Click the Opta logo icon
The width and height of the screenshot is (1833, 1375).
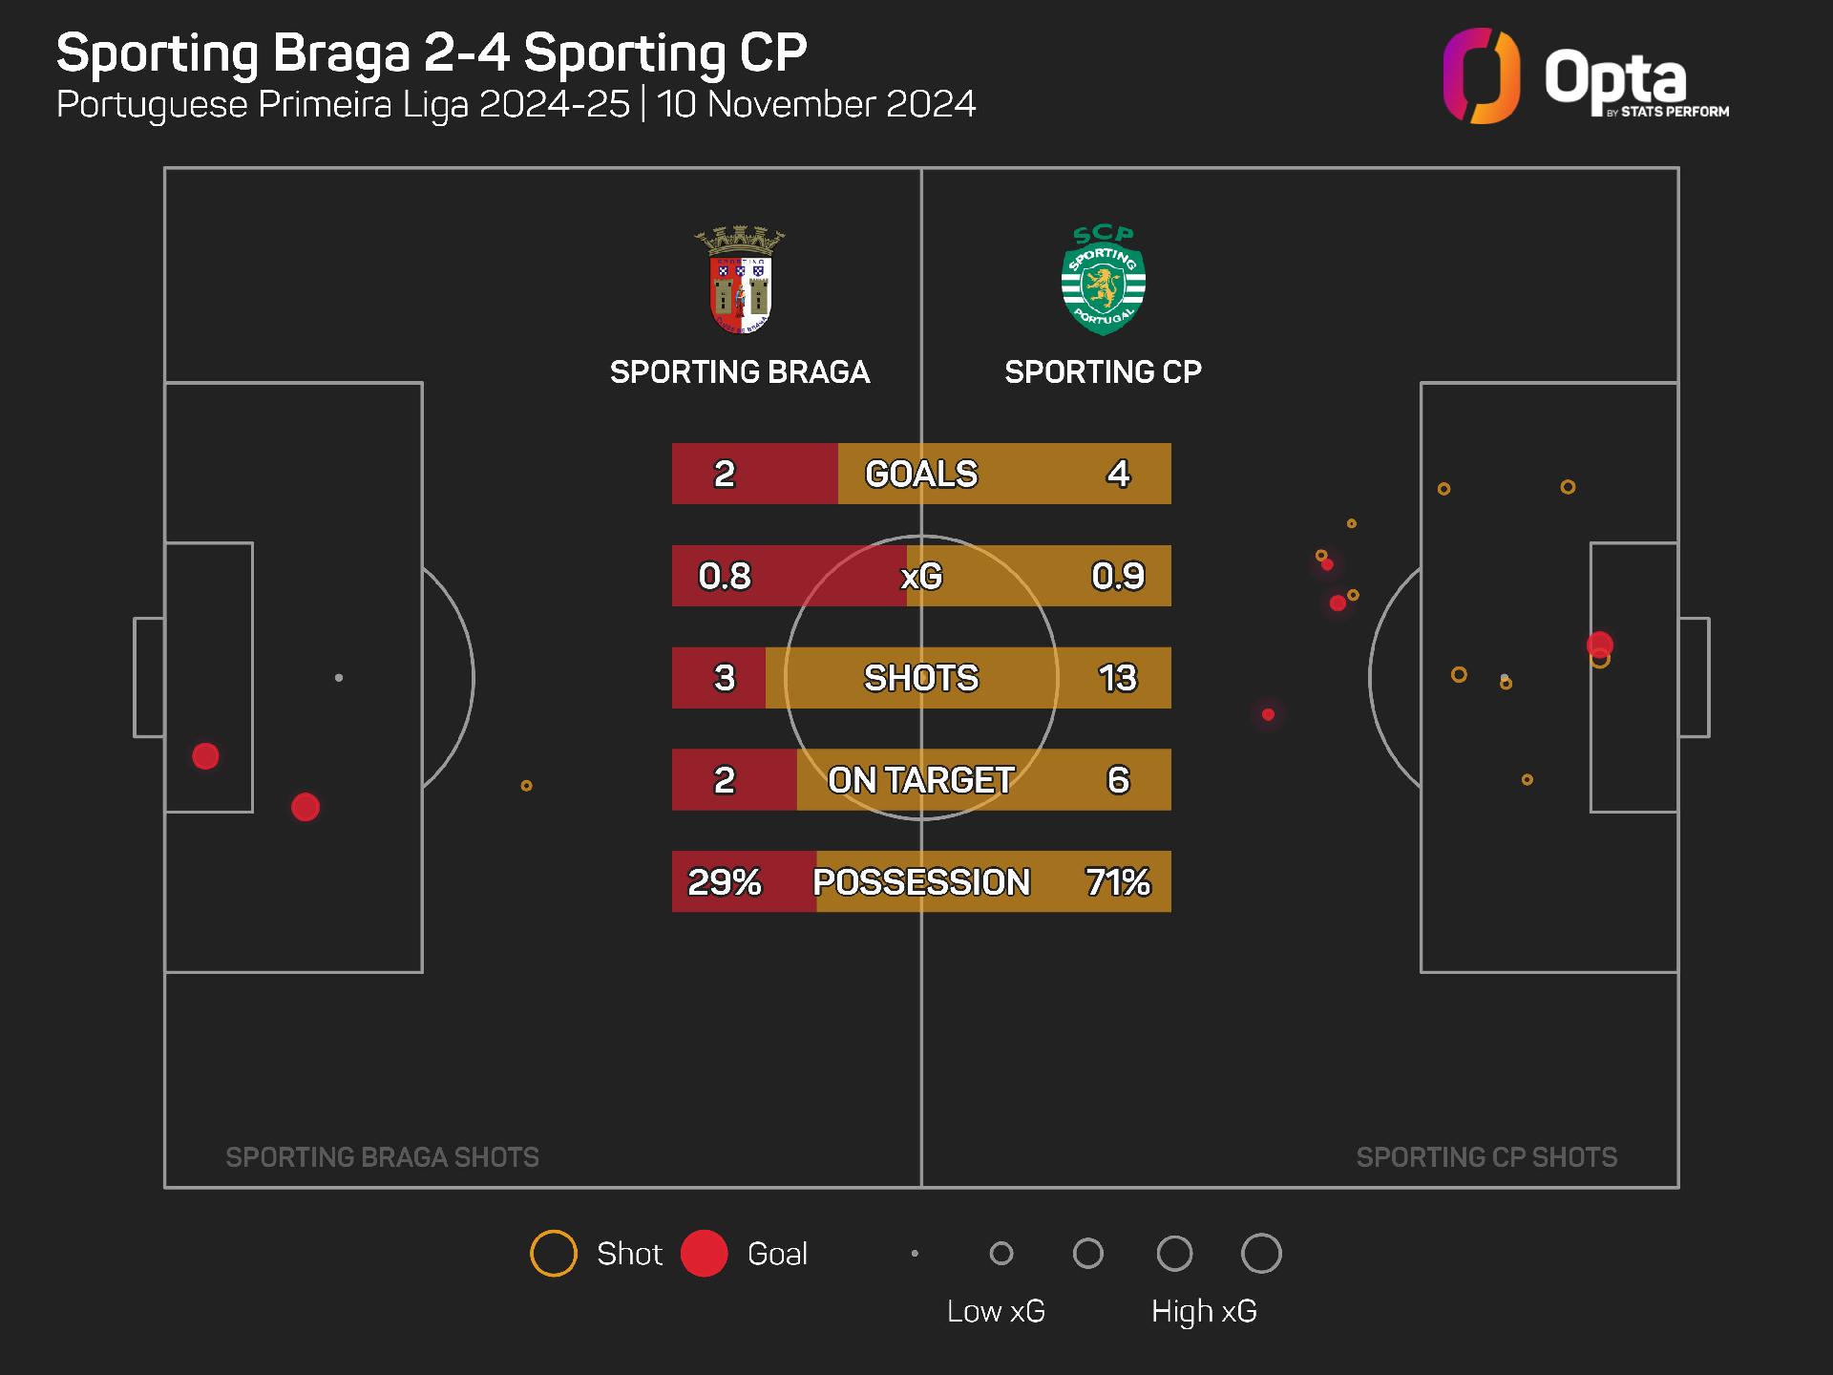[1481, 76]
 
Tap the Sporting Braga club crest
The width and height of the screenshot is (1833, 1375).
[740, 281]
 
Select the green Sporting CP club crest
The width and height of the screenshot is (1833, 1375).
[1103, 281]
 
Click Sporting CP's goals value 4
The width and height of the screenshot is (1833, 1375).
[1118, 474]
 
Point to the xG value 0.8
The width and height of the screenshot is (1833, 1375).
[724, 576]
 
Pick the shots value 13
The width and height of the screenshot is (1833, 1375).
[1117, 678]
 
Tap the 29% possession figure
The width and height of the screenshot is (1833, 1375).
[724, 881]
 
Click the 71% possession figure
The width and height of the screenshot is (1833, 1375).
[1117, 881]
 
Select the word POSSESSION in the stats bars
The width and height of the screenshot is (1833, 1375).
[921, 881]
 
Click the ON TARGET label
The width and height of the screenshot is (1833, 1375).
[921, 780]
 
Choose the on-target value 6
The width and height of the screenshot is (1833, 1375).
[1118, 780]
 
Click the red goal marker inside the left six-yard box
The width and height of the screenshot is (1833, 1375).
[205, 756]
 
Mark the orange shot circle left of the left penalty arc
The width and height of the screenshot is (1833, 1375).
[526, 786]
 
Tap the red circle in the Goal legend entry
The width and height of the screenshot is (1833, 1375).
[705, 1254]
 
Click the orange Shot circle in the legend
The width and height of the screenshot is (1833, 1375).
[554, 1254]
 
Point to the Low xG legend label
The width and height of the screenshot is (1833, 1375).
[996, 1311]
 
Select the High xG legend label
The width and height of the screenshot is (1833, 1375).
[1204, 1311]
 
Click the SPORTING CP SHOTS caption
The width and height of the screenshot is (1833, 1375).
[1486, 1157]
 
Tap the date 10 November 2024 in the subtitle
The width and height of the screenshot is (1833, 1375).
[816, 104]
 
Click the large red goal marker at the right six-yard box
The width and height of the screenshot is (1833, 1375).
[1600, 645]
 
